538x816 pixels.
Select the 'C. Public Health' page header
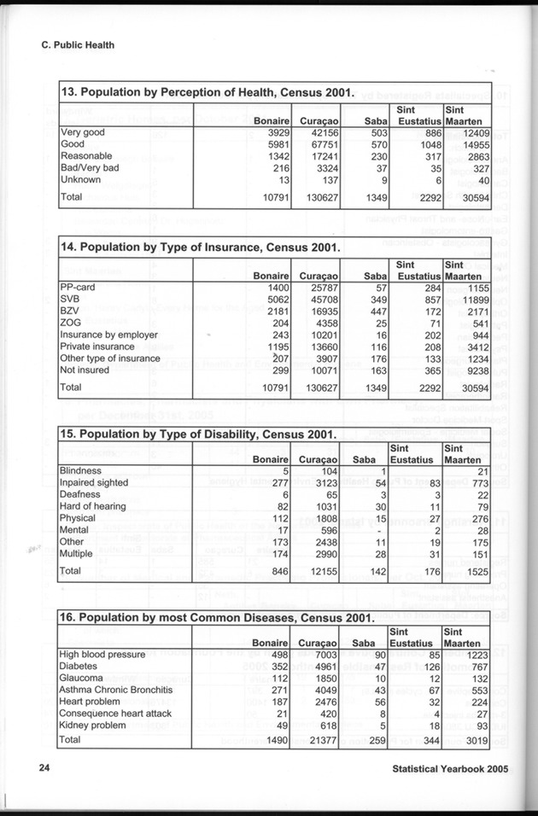pyautogui.click(x=78, y=45)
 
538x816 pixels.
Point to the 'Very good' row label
pyautogui.click(x=82, y=133)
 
